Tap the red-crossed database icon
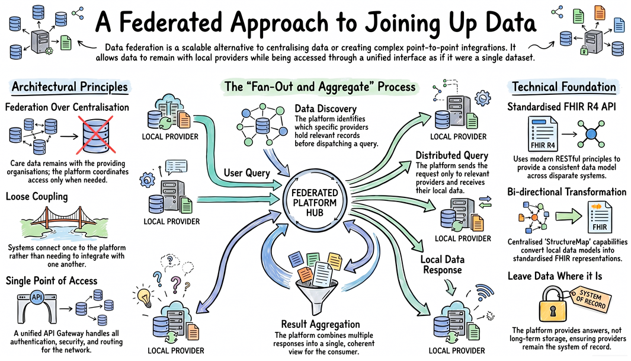96,135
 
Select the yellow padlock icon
553,304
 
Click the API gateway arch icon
37,308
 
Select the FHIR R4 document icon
543,133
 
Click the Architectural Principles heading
70,87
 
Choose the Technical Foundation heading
564,87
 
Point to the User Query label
246,173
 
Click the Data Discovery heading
325,108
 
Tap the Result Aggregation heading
321,324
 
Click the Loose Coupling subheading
37,196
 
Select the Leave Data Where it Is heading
555,276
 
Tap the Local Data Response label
442,264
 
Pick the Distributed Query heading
451,155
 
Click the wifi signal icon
484,292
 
